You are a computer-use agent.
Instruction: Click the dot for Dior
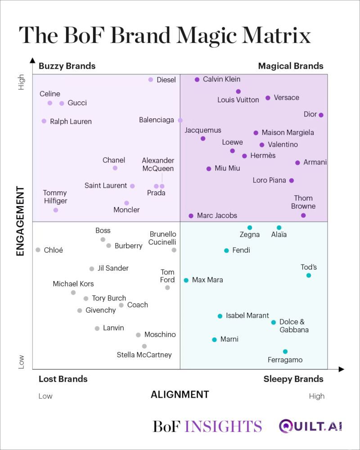[x=321, y=115]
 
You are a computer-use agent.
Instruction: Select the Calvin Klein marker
[x=197, y=80]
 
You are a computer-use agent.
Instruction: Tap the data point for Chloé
[x=38, y=250]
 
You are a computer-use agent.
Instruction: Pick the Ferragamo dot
[x=285, y=351]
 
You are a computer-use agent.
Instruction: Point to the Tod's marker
[x=309, y=275]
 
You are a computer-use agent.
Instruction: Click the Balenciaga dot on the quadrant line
[x=180, y=120]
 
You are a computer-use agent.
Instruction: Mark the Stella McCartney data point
[x=144, y=346]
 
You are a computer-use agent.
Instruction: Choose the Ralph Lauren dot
[x=44, y=121]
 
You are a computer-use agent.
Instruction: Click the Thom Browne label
[x=303, y=202]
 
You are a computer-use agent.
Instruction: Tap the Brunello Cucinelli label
[x=163, y=238]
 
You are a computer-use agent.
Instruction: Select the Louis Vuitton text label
[x=238, y=100]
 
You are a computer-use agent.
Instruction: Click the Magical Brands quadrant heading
[x=291, y=66]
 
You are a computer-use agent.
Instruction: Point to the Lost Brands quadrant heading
[x=63, y=379]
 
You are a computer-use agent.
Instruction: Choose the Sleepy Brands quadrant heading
[x=293, y=379]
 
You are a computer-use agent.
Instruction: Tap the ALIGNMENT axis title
[x=180, y=395]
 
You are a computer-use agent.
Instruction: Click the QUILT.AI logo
[x=310, y=426]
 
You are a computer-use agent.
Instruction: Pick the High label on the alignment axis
[x=317, y=396]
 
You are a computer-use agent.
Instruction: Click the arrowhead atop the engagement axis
[x=32, y=60]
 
